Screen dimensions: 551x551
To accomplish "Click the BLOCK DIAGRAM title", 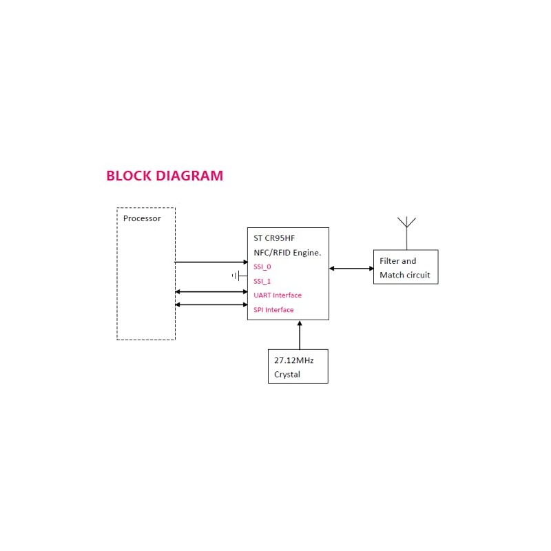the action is pos(165,176).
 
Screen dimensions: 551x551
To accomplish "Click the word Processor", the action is pos(142,218).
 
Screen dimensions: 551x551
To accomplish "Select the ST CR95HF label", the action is pos(274,238).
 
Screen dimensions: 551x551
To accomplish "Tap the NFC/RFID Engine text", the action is pos(287,253).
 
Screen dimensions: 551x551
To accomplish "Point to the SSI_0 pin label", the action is pos(262,267).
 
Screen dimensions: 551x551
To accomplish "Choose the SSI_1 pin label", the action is pos(262,281).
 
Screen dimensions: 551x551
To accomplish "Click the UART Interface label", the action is pos(278,295).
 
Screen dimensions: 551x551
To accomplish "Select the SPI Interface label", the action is pos(273,309).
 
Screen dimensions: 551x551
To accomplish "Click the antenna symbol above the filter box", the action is pos(406,233).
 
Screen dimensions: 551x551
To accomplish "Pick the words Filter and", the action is pos(398,261).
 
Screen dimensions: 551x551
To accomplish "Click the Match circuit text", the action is pos(405,275).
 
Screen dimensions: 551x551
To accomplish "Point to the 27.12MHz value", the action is pos(294,360).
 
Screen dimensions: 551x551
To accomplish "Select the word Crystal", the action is pos(287,374).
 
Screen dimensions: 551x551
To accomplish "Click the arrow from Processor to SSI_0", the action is pos(211,262).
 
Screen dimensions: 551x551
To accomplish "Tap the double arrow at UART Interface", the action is pos(211,291).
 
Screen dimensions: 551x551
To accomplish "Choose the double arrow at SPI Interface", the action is pos(211,304).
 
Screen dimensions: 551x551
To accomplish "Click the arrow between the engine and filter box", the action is pos(351,269).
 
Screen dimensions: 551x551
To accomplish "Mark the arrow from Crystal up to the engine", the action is pos(300,335).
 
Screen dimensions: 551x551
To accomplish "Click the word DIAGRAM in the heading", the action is pos(189,176).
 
